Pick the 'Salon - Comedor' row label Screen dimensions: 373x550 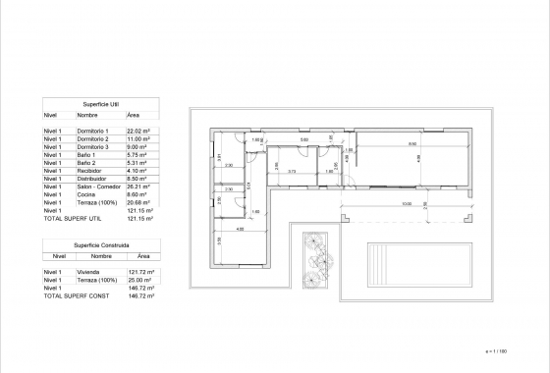(x=95, y=186)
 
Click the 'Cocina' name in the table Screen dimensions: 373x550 (x=85, y=193)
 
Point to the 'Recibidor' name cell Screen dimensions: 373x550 (x=88, y=170)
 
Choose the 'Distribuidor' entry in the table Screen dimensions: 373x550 (x=90, y=178)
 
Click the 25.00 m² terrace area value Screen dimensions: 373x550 (x=140, y=279)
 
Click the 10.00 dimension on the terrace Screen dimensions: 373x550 (x=378, y=204)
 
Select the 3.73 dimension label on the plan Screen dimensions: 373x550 (x=292, y=170)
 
